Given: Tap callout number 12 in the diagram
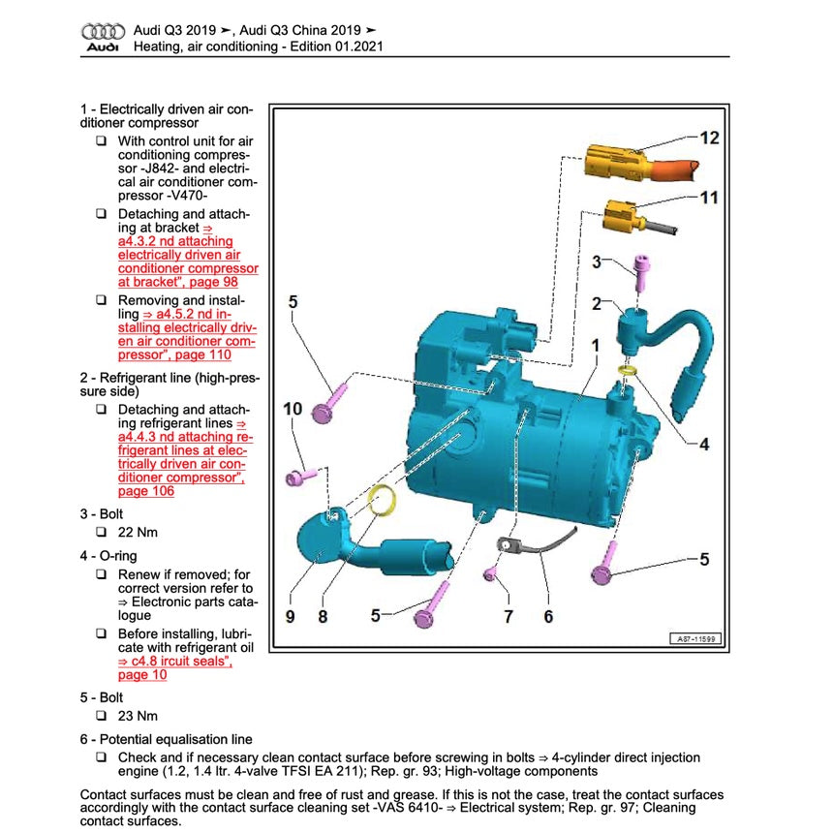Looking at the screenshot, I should (709, 139).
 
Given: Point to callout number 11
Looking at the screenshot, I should (709, 198).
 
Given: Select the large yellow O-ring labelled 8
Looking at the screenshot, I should (385, 503).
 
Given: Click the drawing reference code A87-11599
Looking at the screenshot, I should (696, 639).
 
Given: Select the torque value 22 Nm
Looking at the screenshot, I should (138, 532).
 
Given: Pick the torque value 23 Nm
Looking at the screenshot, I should (138, 716).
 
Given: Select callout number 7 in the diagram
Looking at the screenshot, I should (508, 615).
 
